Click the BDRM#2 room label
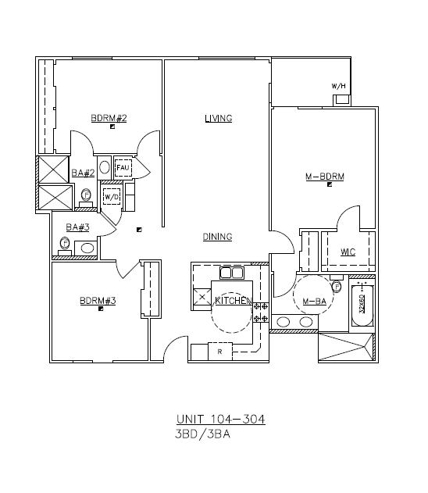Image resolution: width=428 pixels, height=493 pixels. [109, 118]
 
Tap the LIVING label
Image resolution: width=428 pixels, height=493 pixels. [219, 119]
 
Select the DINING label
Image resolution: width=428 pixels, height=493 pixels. [217, 237]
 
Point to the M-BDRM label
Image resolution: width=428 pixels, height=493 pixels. [325, 177]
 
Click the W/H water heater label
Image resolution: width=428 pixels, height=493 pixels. [339, 86]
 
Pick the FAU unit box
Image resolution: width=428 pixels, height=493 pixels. [123, 168]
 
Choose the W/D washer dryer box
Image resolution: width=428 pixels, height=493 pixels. [112, 197]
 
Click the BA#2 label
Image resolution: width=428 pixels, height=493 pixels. [83, 173]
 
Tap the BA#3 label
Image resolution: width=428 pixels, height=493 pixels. [77, 227]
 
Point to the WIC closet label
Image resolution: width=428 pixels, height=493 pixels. [348, 252]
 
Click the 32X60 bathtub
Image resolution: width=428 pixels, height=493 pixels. [362, 305]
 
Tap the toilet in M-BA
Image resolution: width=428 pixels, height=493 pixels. [337, 284]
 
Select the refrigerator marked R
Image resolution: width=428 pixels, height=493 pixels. [220, 352]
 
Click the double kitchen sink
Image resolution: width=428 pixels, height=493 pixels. [232, 273]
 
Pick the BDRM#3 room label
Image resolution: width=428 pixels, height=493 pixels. [98, 301]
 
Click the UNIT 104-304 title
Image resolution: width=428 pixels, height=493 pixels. [220, 420]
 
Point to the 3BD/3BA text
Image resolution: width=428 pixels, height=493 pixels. [203, 434]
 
